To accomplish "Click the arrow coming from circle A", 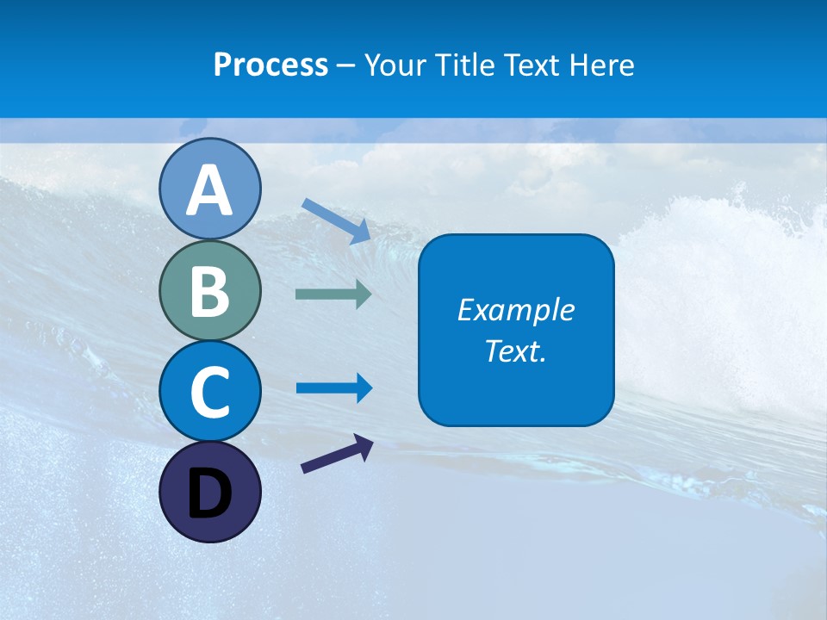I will click(336, 220).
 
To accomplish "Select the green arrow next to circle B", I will click(333, 294).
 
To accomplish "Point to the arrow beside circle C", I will click(334, 388).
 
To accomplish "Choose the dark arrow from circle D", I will click(337, 454).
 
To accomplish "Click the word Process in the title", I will click(270, 65).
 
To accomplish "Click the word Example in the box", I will click(515, 310).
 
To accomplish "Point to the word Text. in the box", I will click(515, 351).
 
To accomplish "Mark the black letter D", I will click(209, 495).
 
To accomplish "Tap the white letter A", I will click(209, 191).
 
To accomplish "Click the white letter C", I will click(209, 392).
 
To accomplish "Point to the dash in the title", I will click(346, 66).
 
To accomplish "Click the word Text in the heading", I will click(532, 65).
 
